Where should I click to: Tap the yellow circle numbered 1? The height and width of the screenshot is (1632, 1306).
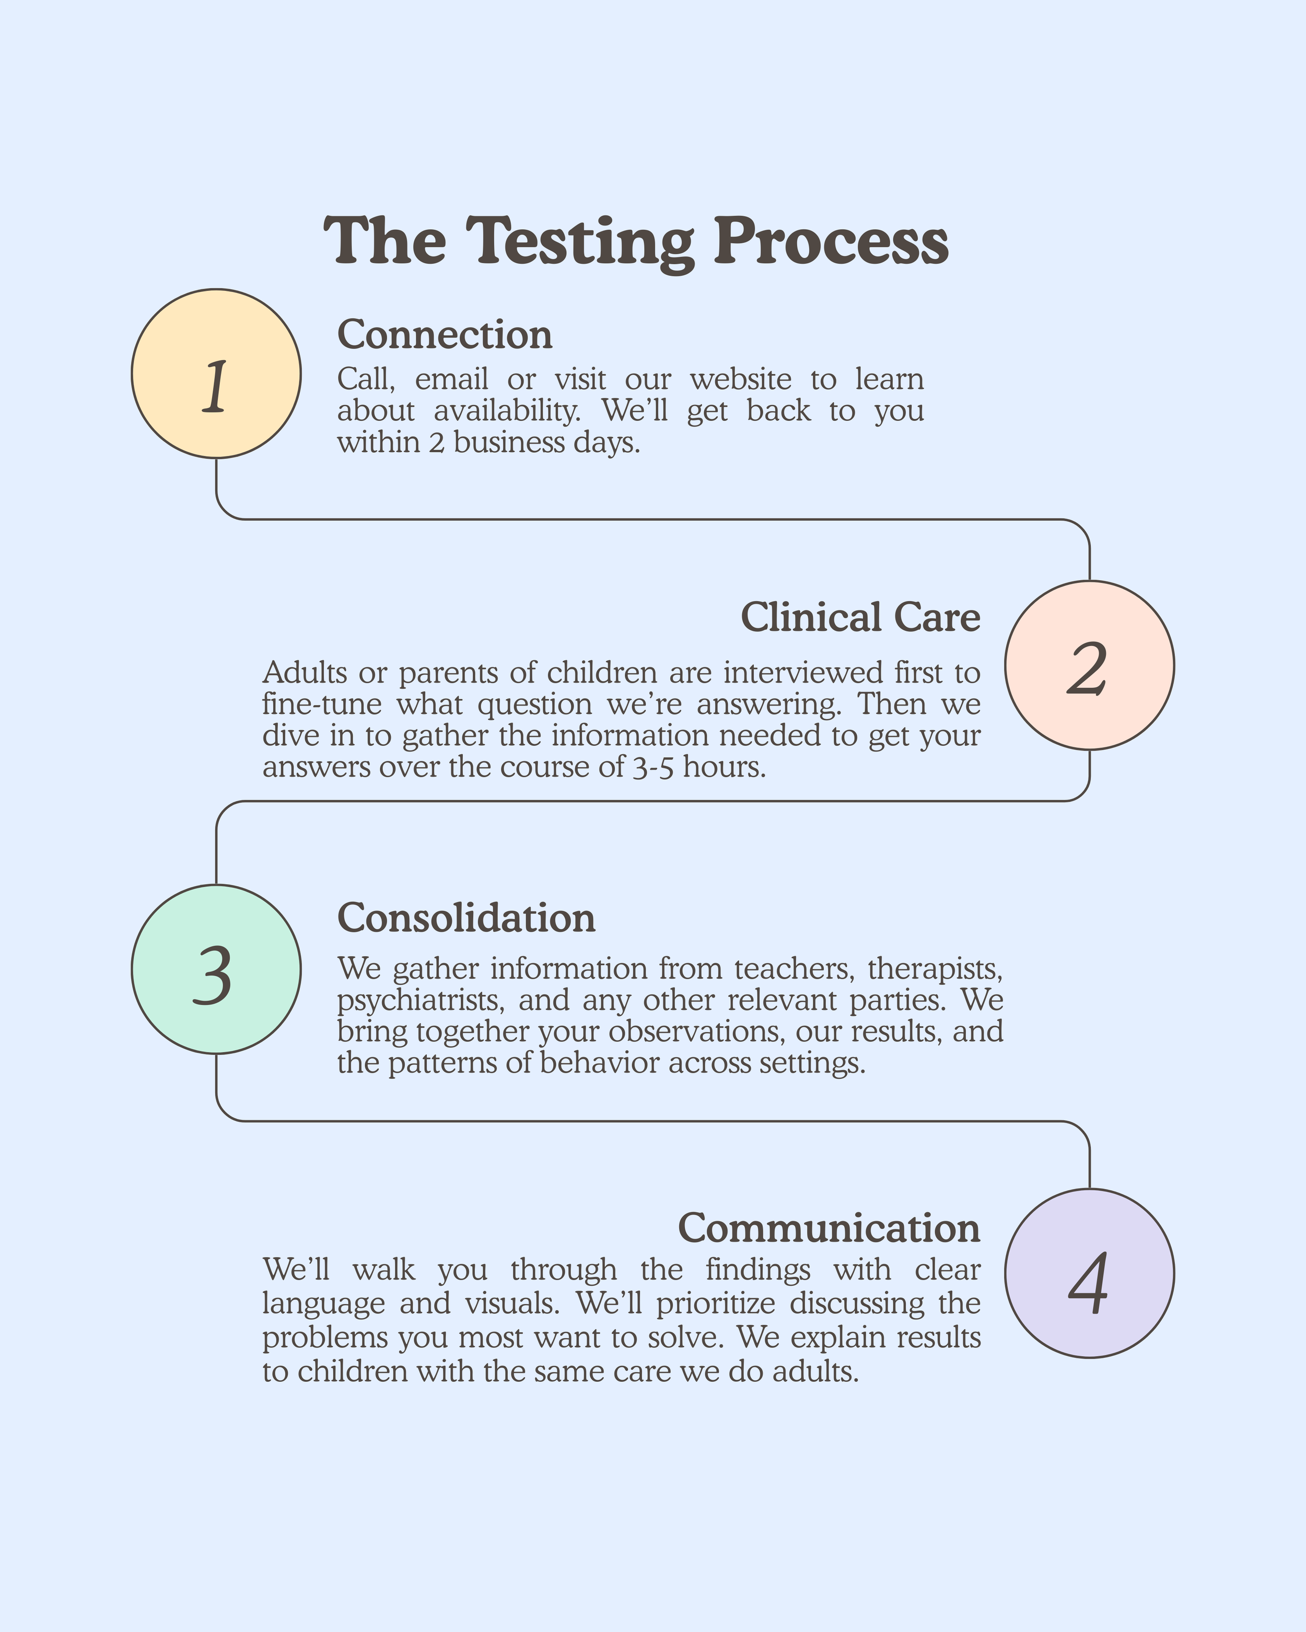click(x=216, y=373)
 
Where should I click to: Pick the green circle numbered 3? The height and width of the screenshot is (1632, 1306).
click(x=216, y=969)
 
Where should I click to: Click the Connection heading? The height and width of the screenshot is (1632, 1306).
click(x=445, y=335)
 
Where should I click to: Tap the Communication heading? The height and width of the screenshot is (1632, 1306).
click(x=829, y=1227)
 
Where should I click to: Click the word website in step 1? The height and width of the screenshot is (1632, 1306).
click(x=740, y=379)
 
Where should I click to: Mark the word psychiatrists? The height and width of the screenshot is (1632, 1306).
click(x=420, y=1000)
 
